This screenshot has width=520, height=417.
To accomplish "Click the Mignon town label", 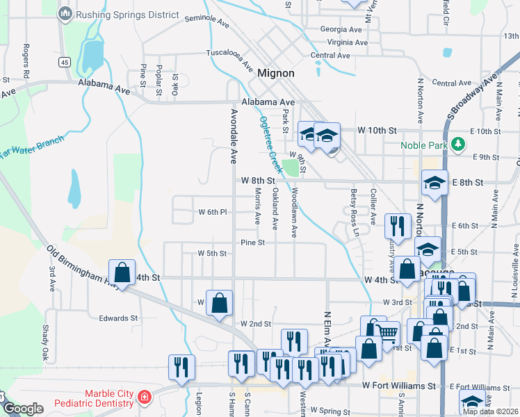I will pos(275,72).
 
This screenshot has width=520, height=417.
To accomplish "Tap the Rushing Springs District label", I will pos(128,15).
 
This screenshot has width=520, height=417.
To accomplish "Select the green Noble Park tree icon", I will pos(457,145).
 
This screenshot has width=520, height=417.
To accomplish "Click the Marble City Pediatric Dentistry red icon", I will pos(145,398).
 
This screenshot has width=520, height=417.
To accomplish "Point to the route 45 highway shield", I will pos(65,63).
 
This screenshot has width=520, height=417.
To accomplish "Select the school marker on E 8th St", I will pos(434,183).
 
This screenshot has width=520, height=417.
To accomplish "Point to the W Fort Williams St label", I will pos(398,386).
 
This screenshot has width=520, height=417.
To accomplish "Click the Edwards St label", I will pos(117,318).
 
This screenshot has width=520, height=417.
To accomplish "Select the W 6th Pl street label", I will pos(213,211).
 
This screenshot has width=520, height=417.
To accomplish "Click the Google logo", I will pos(22,409).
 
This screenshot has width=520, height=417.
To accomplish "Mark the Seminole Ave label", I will pos(206,22).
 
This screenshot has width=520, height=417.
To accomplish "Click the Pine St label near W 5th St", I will pos(252,243).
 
